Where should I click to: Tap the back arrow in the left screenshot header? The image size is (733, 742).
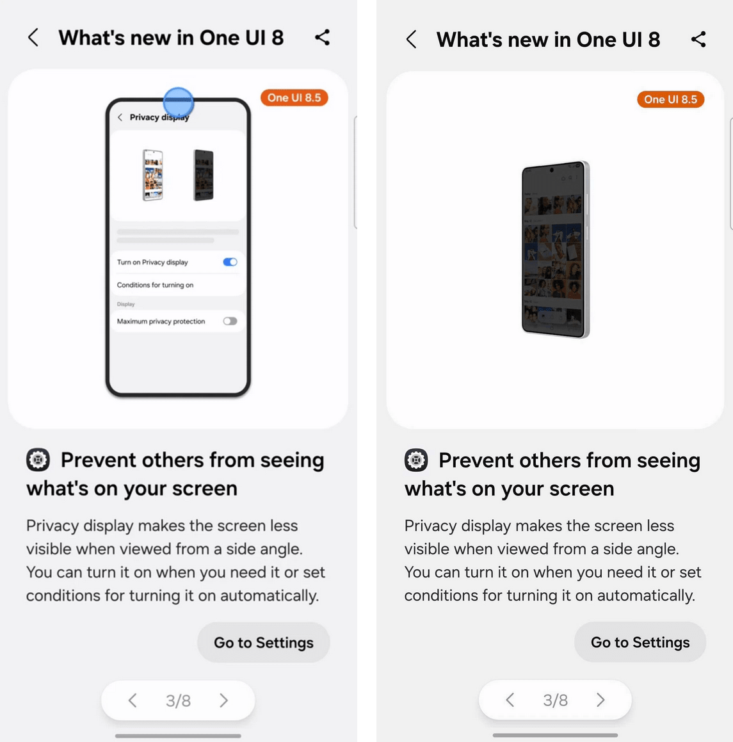(x=33, y=37)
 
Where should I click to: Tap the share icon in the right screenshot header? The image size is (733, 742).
(x=698, y=39)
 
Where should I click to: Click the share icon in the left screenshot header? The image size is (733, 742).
(x=322, y=37)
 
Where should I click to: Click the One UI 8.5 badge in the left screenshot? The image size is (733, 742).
(x=294, y=98)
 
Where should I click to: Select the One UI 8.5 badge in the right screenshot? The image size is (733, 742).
(x=670, y=99)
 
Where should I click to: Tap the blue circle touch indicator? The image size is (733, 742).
(x=179, y=102)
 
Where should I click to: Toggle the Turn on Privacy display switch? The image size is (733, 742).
(x=230, y=262)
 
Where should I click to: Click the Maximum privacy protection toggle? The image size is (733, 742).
(x=230, y=321)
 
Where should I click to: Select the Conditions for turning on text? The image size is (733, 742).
(x=155, y=285)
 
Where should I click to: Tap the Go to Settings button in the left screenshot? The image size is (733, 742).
(x=264, y=642)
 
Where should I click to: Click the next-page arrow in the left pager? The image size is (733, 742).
(x=224, y=700)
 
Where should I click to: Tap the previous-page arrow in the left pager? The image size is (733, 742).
(x=133, y=700)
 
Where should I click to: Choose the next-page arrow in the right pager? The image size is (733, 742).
(x=600, y=700)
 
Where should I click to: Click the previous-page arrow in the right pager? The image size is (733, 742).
(x=510, y=700)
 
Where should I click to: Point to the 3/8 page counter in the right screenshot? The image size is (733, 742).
(x=555, y=700)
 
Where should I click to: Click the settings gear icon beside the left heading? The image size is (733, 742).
(x=38, y=460)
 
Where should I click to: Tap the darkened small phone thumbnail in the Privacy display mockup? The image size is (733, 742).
(x=204, y=175)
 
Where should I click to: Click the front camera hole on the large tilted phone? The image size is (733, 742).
(x=551, y=170)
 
